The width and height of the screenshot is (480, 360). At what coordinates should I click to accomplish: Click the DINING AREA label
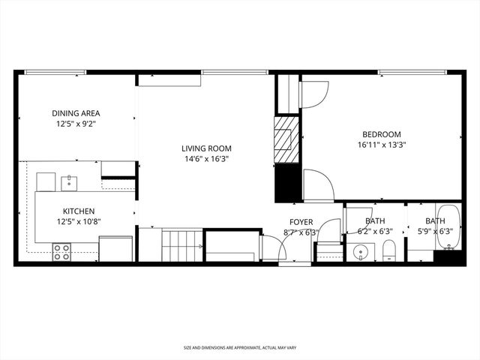point(76,113)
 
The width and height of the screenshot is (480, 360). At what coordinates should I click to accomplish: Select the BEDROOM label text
point(379,134)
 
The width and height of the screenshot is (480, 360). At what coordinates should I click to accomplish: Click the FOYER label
point(301,222)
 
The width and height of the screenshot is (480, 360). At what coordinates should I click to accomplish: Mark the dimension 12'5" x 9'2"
point(76,124)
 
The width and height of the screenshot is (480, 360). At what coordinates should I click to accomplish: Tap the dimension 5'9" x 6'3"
point(435,232)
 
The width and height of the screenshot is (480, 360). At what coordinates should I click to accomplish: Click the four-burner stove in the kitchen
point(61,253)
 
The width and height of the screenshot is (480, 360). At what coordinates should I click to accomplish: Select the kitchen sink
point(68,181)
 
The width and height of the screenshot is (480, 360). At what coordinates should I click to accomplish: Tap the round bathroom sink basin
point(361,253)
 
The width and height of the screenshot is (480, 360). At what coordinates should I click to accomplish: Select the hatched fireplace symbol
point(286,139)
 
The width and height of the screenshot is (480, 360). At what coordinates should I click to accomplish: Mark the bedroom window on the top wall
point(412,72)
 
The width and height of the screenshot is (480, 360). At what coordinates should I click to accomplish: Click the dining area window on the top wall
point(55,72)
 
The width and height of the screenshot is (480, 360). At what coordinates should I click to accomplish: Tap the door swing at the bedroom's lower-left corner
point(317,185)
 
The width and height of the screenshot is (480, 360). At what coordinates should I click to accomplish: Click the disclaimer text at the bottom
point(240,348)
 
